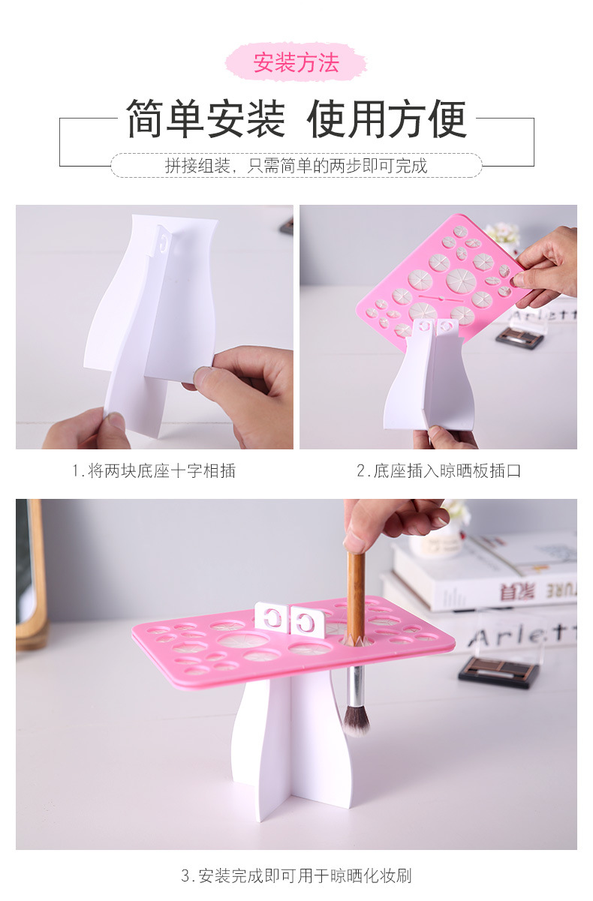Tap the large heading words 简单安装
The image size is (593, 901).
(x=206, y=119)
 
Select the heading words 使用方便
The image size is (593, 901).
(x=387, y=119)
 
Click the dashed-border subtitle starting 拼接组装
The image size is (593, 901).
(x=296, y=166)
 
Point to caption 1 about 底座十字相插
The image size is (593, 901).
(x=154, y=471)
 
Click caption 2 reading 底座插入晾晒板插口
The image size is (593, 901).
(x=438, y=471)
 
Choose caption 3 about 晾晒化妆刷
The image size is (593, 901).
(x=296, y=875)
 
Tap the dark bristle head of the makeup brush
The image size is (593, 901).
(x=356, y=718)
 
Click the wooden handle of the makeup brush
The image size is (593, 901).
(x=356, y=593)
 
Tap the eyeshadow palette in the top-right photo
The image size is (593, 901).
(x=519, y=337)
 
